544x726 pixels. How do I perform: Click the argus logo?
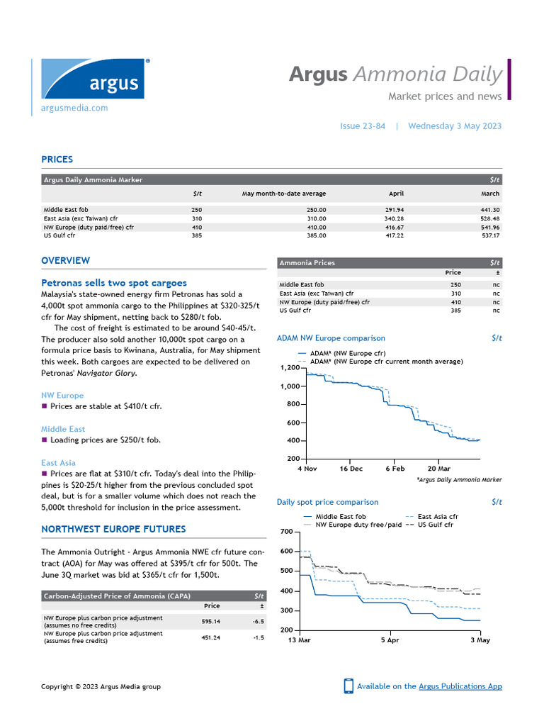[93, 79]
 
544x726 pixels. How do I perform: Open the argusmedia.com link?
[74, 108]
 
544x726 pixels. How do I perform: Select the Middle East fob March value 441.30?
[489, 210]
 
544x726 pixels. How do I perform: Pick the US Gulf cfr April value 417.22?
[393, 235]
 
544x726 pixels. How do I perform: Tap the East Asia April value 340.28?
[393, 218]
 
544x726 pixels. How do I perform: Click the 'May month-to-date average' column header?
[284, 194]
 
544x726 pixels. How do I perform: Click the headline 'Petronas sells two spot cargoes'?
[114, 283]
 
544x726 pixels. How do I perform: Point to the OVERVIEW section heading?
[65, 261]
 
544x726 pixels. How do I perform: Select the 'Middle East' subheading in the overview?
[63, 429]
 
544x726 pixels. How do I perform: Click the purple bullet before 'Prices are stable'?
[45, 406]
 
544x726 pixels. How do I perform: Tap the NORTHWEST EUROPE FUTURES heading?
[113, 529]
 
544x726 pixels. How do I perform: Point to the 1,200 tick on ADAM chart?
[290, 368]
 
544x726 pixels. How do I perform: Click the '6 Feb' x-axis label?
[395, 469]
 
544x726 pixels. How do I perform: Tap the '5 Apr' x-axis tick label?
[390, 640]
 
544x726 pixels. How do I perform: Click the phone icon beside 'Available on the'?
[348, 686]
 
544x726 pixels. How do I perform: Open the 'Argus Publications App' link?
[460, 686]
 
